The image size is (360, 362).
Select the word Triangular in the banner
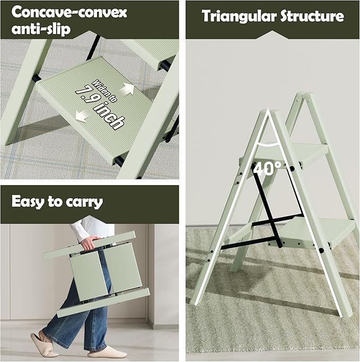click(238, 16)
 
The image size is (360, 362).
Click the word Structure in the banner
click(311, 16)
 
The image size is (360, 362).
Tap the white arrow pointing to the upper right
click(128, 89)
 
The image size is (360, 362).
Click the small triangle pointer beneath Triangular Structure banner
click(273, 34)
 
